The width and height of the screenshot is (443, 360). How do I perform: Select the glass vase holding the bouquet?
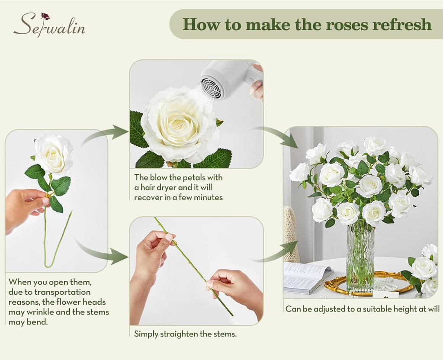coord(360,257)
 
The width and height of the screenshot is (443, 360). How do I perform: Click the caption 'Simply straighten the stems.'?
coord(185,334)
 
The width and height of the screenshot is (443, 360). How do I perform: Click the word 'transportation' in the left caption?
coord(63,292)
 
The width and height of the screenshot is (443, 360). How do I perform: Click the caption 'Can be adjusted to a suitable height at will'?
coord(363,309)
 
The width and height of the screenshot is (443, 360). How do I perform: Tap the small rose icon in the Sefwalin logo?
coord(45,16)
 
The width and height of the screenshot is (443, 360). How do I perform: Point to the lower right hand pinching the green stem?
coord(236,288)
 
